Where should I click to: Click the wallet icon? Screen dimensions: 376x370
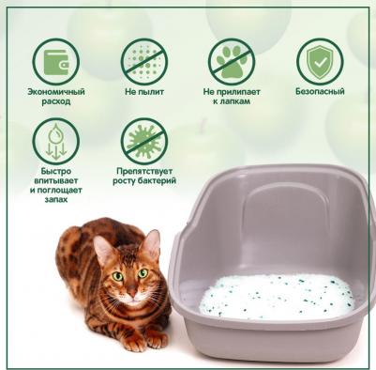click(55, 62)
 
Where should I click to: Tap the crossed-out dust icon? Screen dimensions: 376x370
click(144, 62)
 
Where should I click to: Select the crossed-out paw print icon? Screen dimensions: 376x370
click(232, 62)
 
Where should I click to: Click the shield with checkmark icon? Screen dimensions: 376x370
click(320, 62)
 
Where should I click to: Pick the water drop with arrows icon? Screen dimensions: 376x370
click(56, 141)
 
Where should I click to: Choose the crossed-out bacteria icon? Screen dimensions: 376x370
click(144, 141)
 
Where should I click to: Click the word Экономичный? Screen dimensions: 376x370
click(56, 92)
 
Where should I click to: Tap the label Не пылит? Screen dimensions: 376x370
click(144, 92)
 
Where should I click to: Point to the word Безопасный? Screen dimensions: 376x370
click(320, 91)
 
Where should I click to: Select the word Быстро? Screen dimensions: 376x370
click(56, 171)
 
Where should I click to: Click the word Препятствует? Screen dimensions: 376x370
click(144, 171)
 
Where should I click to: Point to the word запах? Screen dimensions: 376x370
click(56, 199)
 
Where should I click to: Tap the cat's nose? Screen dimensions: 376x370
click(131, 292)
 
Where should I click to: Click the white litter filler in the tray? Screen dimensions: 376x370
click(278, 296)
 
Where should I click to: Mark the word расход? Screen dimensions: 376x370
click(56, 101)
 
